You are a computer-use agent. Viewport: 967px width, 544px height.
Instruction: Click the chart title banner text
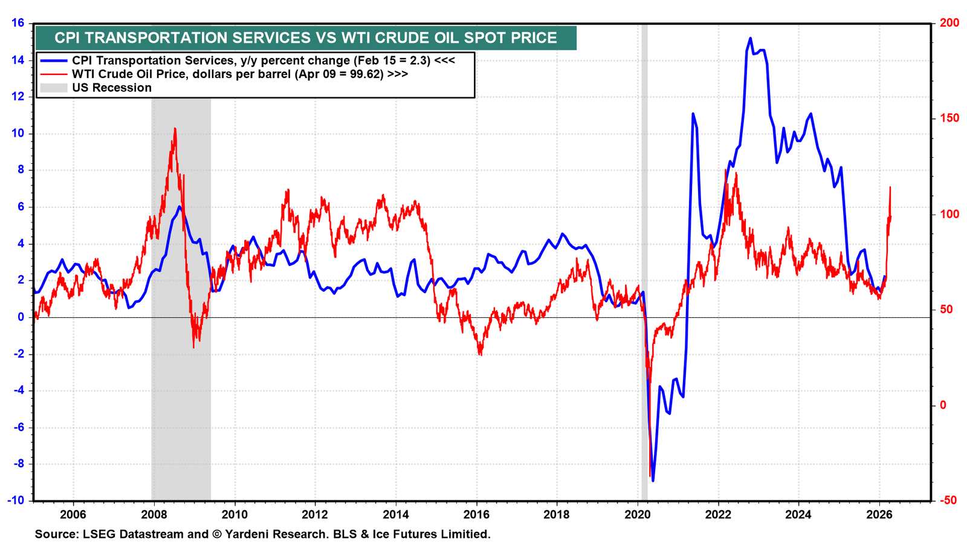(306, 38)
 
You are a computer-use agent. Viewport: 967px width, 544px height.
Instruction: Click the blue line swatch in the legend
(54, 61)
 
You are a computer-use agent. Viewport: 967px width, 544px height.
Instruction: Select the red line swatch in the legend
(54, 74)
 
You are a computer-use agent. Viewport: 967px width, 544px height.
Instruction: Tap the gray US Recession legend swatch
(54, 88)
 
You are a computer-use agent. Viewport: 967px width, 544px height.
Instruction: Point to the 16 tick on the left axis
(18, 22)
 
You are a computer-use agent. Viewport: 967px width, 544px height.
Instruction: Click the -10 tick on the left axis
(16, 500)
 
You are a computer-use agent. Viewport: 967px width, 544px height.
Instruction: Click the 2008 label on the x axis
(154, 514)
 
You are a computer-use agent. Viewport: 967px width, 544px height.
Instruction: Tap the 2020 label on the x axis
(638, 514)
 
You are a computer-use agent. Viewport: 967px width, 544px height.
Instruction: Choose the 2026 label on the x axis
(879, 514)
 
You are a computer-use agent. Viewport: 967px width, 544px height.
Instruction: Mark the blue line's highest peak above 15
(750, 39)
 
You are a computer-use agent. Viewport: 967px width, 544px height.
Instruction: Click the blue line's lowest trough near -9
(653, 480)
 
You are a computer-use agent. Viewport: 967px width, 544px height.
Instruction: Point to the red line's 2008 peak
(175, 129)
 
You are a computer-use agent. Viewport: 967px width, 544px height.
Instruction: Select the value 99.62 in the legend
(366, 74)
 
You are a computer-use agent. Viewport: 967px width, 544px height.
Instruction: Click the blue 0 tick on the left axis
(21, 317)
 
